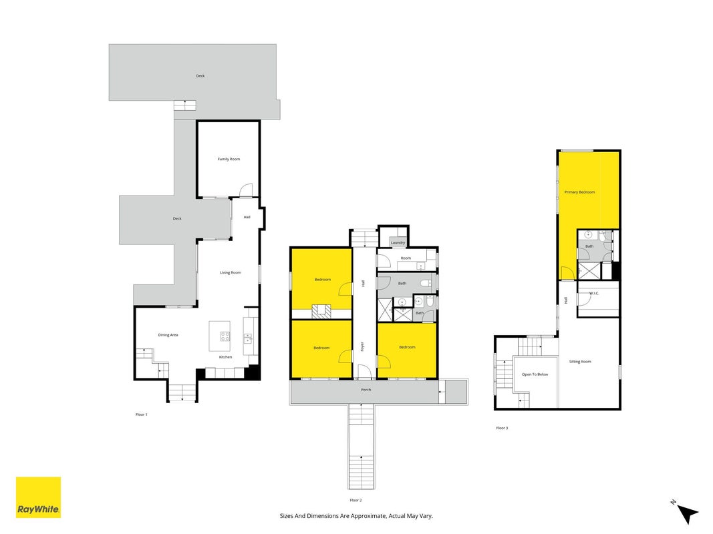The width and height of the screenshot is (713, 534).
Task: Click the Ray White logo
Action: click(x=38, y=497)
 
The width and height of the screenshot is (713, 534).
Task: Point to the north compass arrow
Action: click(x=687, y=513)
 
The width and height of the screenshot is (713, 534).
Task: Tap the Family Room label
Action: click(x=229, y=159)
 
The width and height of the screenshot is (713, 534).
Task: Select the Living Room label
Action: click(x=231, y=272)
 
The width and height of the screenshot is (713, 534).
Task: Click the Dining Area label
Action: click(x=168, y=335)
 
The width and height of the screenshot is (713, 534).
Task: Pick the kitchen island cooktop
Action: click(x=225, y=336)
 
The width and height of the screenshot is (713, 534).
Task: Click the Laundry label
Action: click(x=398, y=242)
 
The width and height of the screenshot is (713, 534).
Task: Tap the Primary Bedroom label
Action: click(x=580, y=192)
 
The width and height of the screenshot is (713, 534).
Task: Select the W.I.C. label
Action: click(x=594, y=293)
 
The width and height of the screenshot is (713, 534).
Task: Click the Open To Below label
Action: click(x=535, y=374)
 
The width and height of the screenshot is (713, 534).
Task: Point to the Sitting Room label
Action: click(x=580, y=362)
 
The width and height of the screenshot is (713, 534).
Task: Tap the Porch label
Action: click(x=366, y=390)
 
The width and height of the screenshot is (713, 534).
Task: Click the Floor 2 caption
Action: click(x=355, y=501)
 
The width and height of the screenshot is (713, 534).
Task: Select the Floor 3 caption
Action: click(x=502, y=428)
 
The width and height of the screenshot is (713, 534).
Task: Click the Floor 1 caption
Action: click(x=142, y=415)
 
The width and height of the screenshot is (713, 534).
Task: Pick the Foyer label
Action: click(x=362, y=346)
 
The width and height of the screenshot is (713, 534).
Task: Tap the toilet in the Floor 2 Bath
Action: click(x=426, y=283)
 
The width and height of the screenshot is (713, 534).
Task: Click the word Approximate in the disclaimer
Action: click(x=361, y=516)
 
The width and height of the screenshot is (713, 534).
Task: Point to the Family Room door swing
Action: click(x=245, y=190)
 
